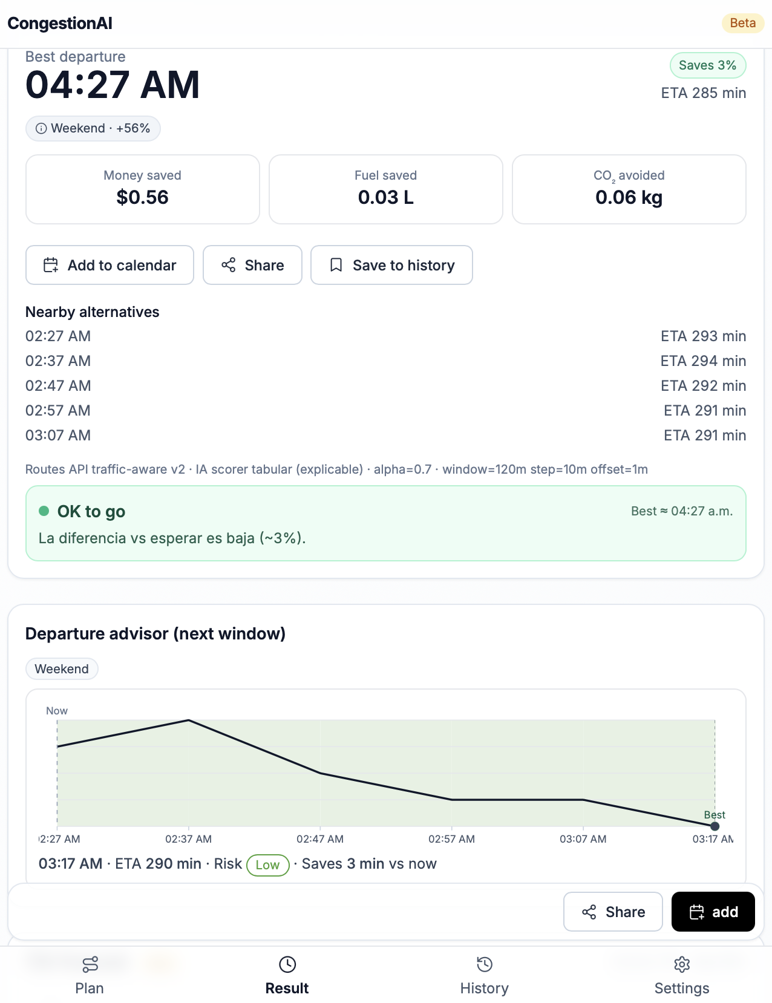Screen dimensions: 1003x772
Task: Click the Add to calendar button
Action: [x=110, y=265]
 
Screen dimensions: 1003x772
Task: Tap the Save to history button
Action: [x=391, y=265]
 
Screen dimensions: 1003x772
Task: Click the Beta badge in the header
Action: [x=742, y=23]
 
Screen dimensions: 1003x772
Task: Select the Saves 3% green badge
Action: [x=707, y=65]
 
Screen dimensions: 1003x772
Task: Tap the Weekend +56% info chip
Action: [x=93, y=128]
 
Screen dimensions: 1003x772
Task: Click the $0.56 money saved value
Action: [x=142, y=197]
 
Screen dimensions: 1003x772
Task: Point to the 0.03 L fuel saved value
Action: [x=385, y=197]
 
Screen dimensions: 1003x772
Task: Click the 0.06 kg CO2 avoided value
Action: [x=629, y=197]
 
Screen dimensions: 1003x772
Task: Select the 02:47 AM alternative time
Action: [x=58, y=386]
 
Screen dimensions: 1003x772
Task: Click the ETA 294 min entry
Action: [x=703, y=361]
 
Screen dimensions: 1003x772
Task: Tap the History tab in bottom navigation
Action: [x=484, y=975]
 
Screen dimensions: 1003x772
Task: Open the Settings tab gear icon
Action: [x=682, y=964]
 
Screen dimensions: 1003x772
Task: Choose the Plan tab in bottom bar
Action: [x=90, y=975]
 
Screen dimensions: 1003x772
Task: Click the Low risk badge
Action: [x=267, y=864]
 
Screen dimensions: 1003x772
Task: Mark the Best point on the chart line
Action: [x=715, y=826]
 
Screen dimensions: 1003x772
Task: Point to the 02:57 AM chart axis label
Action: [x=451, y=839]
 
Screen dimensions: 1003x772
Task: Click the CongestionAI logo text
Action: [x=60, y=24]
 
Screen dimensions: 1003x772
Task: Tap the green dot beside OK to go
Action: [x=44, y=511]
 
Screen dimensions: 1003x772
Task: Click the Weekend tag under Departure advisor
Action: [x=62, y=669]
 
